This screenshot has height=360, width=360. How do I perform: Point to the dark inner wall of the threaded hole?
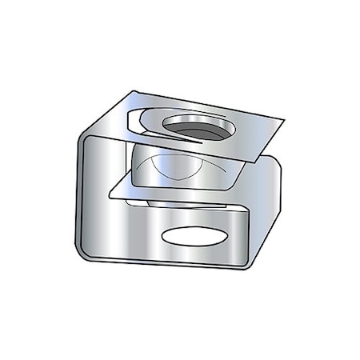tap(192, 132)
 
